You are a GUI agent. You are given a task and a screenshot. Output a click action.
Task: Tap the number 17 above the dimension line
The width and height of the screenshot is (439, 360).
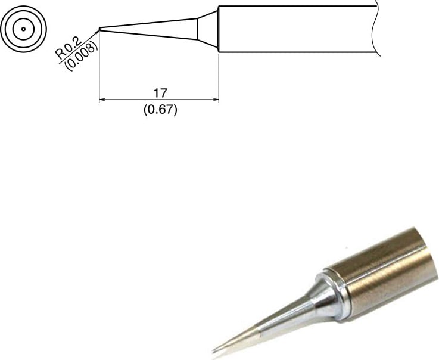pyautogui.click(x=160, y=93)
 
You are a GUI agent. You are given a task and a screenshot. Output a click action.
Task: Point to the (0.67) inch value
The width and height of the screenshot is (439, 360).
pyautogui.click(x=160, y=110)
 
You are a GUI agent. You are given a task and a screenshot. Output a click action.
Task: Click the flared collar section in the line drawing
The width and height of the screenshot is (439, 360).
pyautogui.click(x=208, y=29)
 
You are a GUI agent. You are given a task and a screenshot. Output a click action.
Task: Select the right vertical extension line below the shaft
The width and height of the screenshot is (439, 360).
pyautogui.click(x=219, y=77)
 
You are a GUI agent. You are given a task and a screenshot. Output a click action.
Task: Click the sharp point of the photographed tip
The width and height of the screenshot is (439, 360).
pyautogui.click(x=214, y=349)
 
